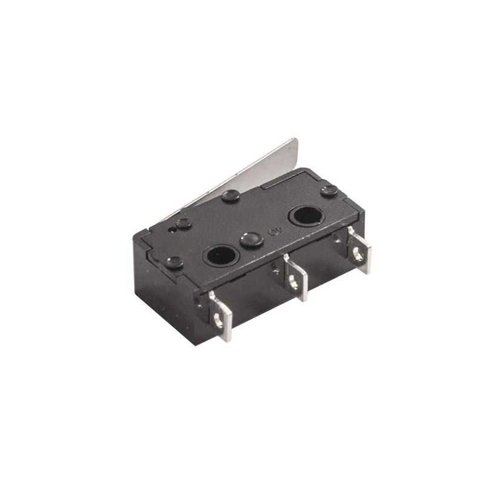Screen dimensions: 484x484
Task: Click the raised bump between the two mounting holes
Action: point(249,239)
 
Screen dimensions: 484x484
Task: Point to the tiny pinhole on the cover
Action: point(173,231)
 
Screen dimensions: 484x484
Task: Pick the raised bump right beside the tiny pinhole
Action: point(184,223)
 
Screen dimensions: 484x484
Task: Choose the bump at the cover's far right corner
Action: point(330,190)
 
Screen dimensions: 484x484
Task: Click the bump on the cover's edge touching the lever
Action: point(231,195)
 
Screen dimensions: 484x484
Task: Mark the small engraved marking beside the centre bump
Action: point(272,230)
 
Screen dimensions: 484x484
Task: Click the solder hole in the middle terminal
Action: point(293,281)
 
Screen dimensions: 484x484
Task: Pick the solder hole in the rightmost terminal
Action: point(359,255)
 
